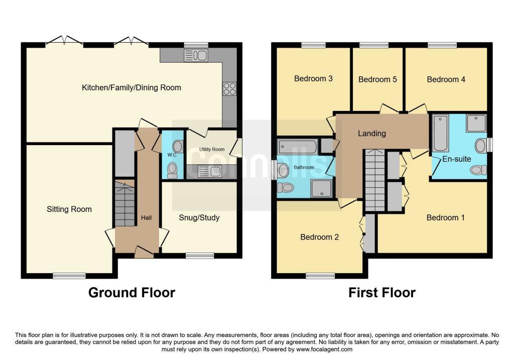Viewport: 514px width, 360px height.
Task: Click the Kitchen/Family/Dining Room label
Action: [x=131, y=87]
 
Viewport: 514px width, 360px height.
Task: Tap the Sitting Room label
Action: [x=69, y=209]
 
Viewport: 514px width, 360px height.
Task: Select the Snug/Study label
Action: [x=199, y=218]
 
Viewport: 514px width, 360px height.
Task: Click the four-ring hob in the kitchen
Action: [x=229, y=88]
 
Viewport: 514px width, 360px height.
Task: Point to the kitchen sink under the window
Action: [x=196, y=55]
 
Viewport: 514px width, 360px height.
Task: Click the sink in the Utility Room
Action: [x=210, y=171]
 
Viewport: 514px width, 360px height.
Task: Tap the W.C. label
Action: [x=172, y=155]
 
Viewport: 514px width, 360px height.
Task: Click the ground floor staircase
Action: [x=124, y=203]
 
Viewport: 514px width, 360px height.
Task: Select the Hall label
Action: [x=146, y=218]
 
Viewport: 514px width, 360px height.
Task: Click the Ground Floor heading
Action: [x=132, y=292]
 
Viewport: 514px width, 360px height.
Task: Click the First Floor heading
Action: [x=382, y=292]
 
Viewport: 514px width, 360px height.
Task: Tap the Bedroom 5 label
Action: [x=377, y=79]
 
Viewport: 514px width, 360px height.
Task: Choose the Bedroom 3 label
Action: [x=313, y=79]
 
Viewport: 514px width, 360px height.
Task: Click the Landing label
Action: [x=372, y=134]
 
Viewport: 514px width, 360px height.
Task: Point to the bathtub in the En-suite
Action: [x=441, y=133]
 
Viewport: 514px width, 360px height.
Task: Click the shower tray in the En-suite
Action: [x=476, y=124]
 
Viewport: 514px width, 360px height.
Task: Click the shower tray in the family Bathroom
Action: [x=321, y=188]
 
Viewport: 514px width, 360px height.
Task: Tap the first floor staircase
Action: [x=374, y=180]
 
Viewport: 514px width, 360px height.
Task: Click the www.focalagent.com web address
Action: [x=324, y=349]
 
